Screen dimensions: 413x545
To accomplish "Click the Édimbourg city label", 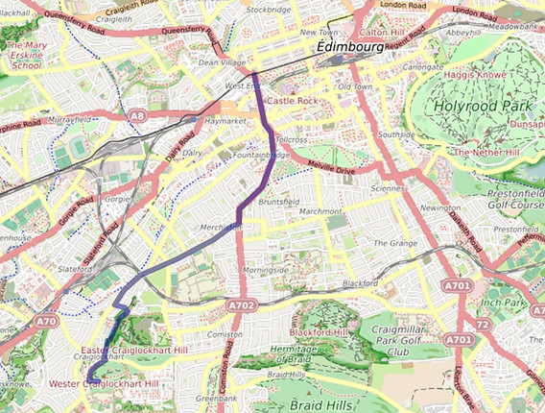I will pyautogui.click(x=341, y=46).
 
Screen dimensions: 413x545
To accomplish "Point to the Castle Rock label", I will pyautogui.click(x=292, y=101).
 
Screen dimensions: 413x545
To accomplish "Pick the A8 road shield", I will pyautogui.click(x=138, y=116).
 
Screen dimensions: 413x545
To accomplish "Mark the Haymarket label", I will pyautogui.click(x=227, y=121).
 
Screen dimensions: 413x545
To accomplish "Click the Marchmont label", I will pyautogui.click(x=320, y=211).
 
